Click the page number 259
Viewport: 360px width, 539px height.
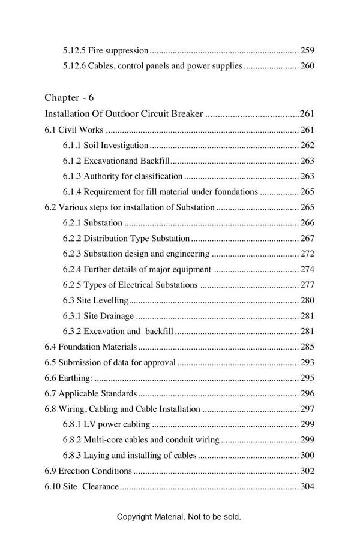pos(307,50)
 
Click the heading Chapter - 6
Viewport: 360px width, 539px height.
pos(69,97)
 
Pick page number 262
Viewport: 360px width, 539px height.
pos(307,145)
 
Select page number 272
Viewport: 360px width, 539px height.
pos(307,254)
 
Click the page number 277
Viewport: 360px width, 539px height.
pos(307,285)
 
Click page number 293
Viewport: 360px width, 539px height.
pos(307,363)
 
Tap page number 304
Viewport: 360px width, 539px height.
pos(307,487)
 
